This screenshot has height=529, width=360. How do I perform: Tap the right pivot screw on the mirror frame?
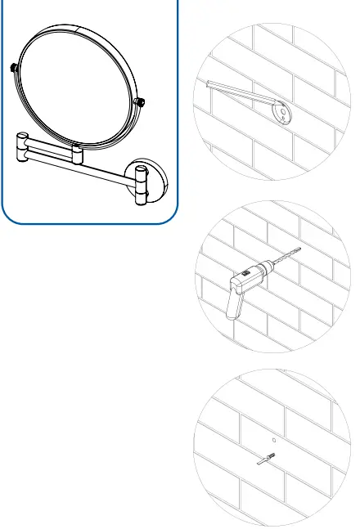tap(142, 101)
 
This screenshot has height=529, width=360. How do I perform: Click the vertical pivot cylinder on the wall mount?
tap(141, 183)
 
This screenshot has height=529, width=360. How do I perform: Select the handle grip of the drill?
tap(232, 307)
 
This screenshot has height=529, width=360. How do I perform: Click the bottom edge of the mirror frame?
tap(90, 150)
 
